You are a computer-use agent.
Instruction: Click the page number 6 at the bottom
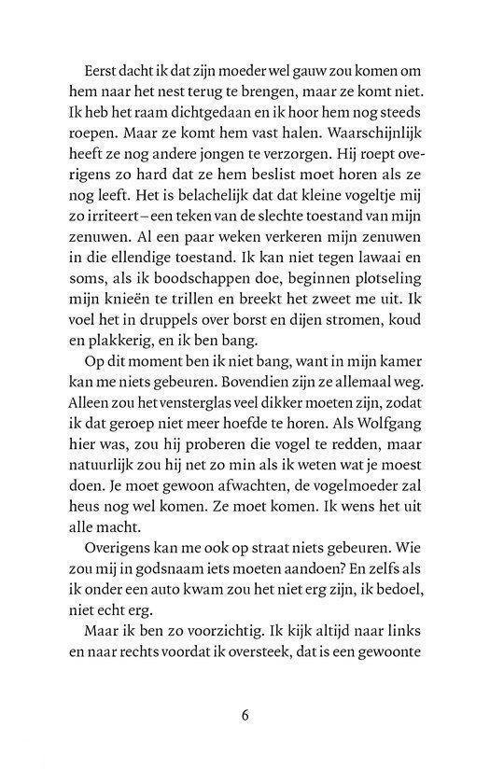click(245, 717)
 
